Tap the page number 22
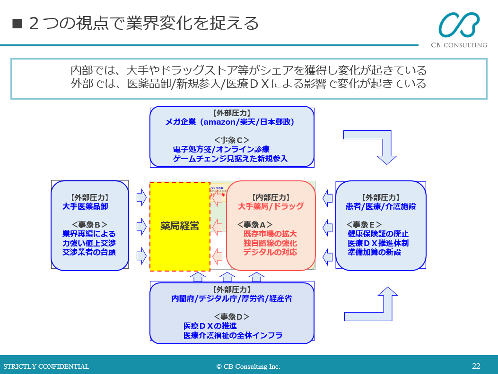coord(476,366)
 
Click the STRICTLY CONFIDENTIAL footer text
coord(46,366)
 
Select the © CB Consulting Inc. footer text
coord(248,366)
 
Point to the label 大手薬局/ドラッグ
coord(271,206)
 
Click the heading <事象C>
coord(232,140)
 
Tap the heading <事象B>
coord(89,225)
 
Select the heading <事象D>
coord(232,317)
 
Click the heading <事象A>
coord(255,225)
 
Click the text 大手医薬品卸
coord(85,206)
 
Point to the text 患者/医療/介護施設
coord(381,206)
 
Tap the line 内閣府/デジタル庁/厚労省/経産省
coord(232,298)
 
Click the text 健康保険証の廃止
coord(378,234)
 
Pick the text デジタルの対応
coord(270,252)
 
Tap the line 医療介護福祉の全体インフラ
coord(233,335)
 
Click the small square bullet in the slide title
coord(17,24)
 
